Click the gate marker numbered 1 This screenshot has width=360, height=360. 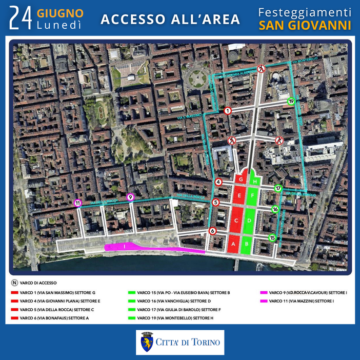228,110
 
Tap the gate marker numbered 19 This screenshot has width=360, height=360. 291,102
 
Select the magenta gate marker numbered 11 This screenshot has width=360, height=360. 78,203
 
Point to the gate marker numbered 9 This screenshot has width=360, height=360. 130,197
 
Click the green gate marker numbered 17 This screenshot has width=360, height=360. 278,189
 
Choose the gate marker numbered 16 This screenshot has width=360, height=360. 275,209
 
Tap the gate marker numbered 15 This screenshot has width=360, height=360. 272,237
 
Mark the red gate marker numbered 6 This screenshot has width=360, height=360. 212,231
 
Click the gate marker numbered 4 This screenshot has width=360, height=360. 218,182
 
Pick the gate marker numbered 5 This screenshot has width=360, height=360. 216,203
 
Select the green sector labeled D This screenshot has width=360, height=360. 249,221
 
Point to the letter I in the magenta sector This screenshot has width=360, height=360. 124,247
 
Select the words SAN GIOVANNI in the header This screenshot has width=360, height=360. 305,25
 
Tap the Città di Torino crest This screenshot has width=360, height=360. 147,342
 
